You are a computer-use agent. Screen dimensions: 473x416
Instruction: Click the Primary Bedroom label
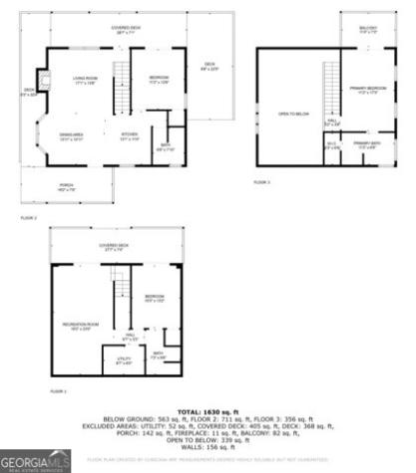tap(368, 91)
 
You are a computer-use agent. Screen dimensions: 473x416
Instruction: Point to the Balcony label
tap(367, 29)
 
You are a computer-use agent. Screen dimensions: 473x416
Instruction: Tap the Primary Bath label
tap(366, 145)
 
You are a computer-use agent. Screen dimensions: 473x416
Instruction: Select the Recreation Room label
tap(83, 325)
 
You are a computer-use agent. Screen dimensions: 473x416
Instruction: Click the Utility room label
tap(124, 359)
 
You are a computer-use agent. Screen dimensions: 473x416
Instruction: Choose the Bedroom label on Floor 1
tap(154, 297)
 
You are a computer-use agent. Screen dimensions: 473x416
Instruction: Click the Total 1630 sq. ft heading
tap(207, 411)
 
